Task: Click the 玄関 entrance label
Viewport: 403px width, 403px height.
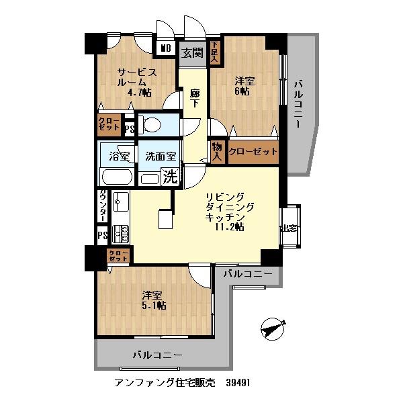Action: click(193, 52)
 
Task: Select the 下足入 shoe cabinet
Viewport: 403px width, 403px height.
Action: click(214, 52)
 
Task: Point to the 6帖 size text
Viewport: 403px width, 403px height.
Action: click(242, 91)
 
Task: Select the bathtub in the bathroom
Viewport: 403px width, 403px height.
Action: click(117, 178)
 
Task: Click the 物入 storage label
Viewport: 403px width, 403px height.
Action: click(217, 151)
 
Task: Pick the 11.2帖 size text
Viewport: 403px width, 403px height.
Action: click(229, 228)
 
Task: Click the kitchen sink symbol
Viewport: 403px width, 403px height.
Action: click(120, 201)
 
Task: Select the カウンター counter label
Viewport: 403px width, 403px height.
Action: click(102, 205)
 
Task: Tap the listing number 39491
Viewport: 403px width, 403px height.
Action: click(242, 383)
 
